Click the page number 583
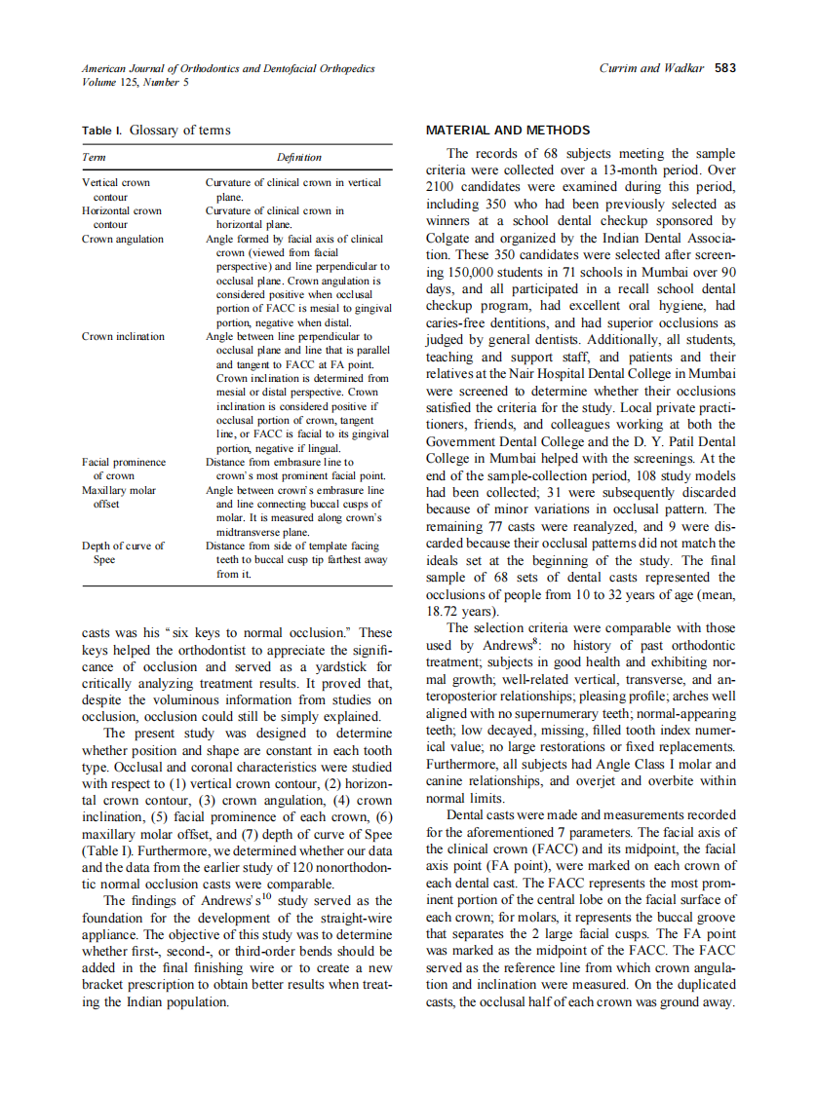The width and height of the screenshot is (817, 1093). [724, 68]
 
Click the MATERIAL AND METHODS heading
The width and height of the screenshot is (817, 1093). [508, 131]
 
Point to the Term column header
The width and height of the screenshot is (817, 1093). [94, 157]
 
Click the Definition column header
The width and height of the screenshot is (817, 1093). [298, 157]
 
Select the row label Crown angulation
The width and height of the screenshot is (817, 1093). [122, 239]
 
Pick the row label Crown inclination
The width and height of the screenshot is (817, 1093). [123, 336]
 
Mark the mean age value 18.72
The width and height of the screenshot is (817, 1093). [445, 612]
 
